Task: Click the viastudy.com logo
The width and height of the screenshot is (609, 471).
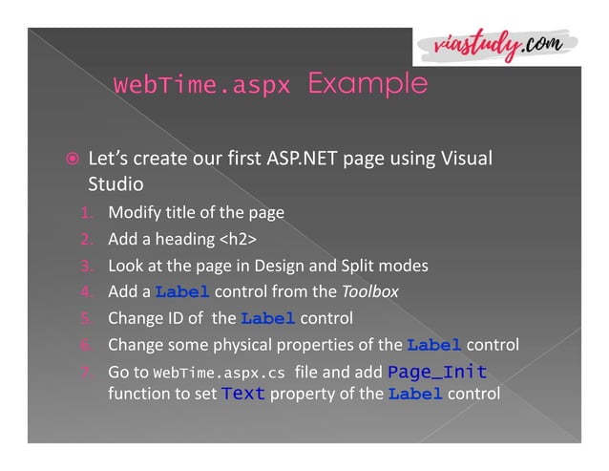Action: tap(495, 44)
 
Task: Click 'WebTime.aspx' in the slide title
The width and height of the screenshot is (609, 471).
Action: tap(201, 85)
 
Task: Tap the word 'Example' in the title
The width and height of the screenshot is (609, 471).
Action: tap(367, 84)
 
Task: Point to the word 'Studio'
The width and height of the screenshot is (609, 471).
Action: tap(116, 182)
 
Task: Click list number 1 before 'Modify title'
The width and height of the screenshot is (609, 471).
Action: tap(85, 212)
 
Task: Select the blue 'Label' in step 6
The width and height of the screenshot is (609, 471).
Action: tap(434, 345)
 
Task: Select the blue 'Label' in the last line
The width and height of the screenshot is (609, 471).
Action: tap(415, 393)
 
